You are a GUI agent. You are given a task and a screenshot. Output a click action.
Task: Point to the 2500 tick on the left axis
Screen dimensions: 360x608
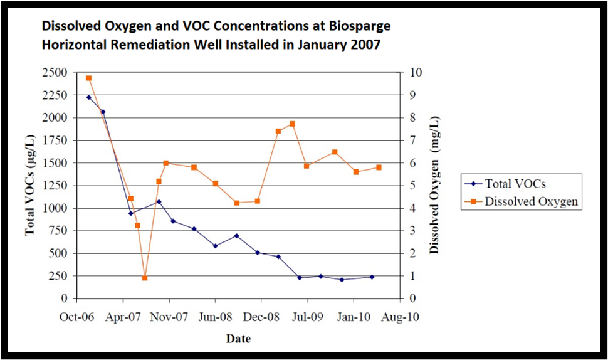[58, 73]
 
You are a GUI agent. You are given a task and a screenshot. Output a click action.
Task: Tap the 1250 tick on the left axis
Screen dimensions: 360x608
[58, 186]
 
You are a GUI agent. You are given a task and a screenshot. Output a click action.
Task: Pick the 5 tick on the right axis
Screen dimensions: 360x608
[409, 186]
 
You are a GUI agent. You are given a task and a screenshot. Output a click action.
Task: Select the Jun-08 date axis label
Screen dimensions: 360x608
[215, 317]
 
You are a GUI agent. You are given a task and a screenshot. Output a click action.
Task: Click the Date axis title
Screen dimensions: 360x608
[238, 339]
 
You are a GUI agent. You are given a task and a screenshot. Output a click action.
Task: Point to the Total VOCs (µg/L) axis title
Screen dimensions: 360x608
[29, 186]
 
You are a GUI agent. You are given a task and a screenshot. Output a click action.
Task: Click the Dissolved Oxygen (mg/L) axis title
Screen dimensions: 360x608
[434, 186]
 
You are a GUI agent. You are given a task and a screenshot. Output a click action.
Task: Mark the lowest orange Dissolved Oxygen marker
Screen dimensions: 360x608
[145, 278]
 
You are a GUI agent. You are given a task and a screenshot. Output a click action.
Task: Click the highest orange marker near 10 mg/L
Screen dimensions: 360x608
[88, 78]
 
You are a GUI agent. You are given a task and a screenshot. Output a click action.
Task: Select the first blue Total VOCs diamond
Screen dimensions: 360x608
[88, 97]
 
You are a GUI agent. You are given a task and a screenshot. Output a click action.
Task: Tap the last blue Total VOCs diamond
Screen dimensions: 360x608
[372, 277]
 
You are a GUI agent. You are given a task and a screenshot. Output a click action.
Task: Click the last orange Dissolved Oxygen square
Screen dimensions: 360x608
[379, 167]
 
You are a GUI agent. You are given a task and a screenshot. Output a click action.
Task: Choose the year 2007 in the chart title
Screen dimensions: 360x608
[364, 45]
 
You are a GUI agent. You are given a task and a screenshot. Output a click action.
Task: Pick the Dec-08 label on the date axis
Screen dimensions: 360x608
[261, 317]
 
